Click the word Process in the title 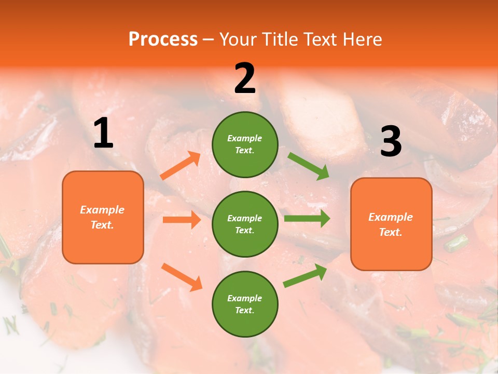pos(163,39)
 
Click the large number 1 pos(103,133)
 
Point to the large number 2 pos(245,78)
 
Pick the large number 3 pos(391,142)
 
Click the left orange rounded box pos(103,217)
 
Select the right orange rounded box pos(391,224)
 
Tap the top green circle pos(245,144)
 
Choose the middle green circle pos(245,224)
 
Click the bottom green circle pos(245,304)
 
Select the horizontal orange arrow pos(182,220)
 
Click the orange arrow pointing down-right pos(182,277)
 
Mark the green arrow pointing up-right pos(306,275)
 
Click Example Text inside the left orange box pos(102,217)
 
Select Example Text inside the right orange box pos(391,224)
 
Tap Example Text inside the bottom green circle pos(245,304)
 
